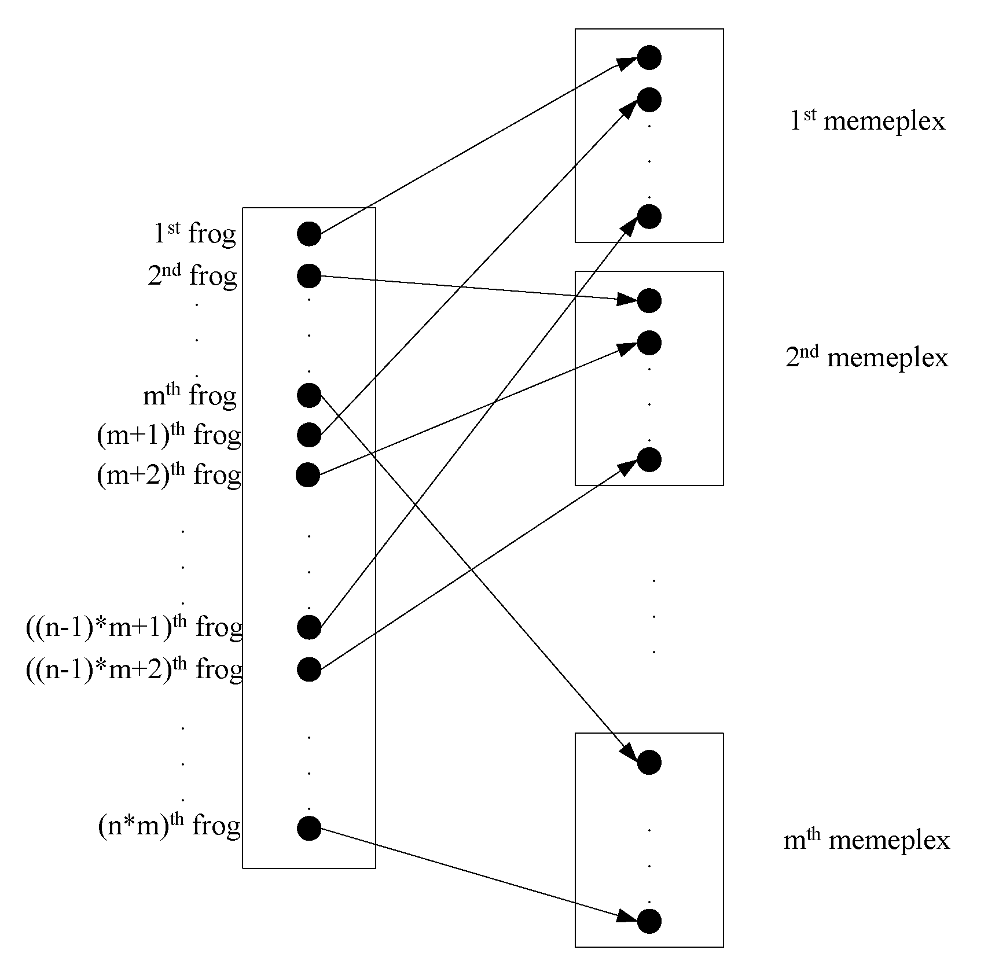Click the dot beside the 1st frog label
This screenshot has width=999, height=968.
[x=309, y=234]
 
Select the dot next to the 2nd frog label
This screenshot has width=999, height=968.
[x=309, y=276]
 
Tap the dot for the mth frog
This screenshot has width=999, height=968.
[x=309, y=396]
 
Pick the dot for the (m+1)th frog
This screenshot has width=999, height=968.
[x=309, y=435]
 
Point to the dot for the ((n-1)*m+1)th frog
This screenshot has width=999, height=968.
[x=309, y=627]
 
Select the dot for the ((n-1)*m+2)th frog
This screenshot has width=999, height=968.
[x=309, y=669]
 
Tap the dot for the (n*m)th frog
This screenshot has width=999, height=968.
[x=309, y=828]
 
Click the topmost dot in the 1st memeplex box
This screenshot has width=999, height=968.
[x=649, y=57]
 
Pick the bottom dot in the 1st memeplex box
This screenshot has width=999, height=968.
[x=649, y=216]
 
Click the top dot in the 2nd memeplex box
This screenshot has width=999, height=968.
[x=649, y=301]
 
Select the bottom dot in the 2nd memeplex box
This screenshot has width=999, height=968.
[x=649, y=460]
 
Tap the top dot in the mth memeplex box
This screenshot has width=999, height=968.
[x=649, y=763]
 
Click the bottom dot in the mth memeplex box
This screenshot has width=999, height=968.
[x=649, y=921]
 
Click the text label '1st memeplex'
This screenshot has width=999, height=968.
[x=867, y=120]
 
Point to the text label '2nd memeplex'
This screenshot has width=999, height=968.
[x=866, y=357]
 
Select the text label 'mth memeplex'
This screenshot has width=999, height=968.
[x=866, y=840]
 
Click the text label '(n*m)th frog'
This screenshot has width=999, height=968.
[x=169, y=825]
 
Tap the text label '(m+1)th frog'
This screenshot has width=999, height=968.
[x=169, y=435]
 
